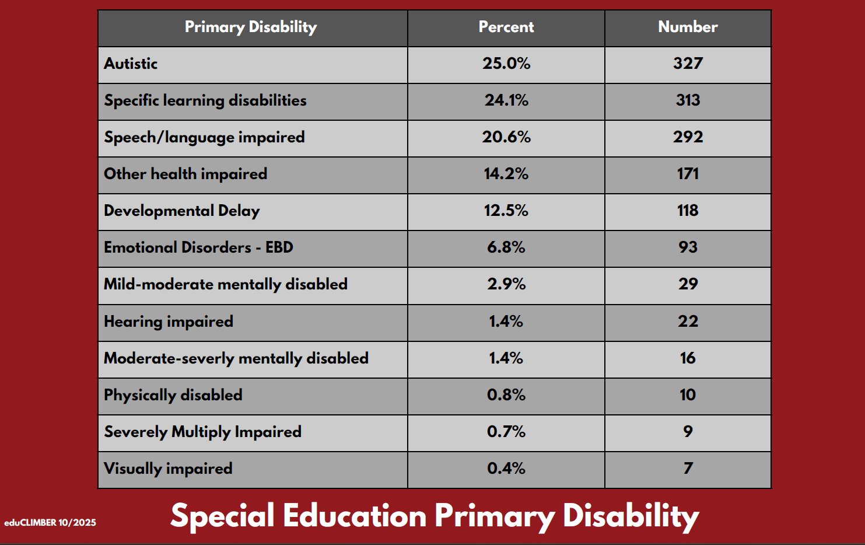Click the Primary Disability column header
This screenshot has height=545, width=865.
point(251,27)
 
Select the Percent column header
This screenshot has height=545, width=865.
point(506,27)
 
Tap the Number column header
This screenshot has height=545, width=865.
point(688,27)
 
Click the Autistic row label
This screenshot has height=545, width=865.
point(131,64)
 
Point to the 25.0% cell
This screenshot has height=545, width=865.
point(506,64)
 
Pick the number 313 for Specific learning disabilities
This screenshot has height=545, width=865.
point(688,100)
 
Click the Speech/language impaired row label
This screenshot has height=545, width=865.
point(204,137)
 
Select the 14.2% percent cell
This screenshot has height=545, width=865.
point(506,174)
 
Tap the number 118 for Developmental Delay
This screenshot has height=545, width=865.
point(688,211)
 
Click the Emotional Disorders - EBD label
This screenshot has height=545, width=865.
point(198,247)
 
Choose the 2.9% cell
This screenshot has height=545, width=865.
point(506,284)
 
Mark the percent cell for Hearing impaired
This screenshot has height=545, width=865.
point(506,322)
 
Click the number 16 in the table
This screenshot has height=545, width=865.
point(688,358)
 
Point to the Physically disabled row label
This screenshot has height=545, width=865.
point(173,395)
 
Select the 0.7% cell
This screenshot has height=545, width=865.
point(506,432)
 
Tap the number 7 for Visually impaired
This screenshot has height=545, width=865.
point(688,469)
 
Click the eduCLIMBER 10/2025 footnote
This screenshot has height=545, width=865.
point(50,523)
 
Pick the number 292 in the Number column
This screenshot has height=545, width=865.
point(688,137)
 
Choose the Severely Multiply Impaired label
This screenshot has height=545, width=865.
point(202,432)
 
